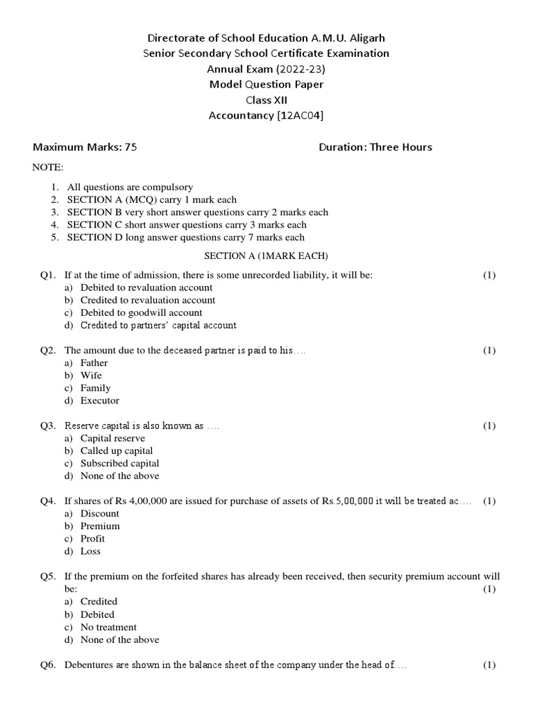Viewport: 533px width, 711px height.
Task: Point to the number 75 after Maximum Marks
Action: pyautogui.click(x=130, y=147)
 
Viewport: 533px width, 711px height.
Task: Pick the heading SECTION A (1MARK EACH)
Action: pyautogui.click(x=266, y=256)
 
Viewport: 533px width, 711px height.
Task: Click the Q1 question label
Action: pyautogui.click(x=47, y=275)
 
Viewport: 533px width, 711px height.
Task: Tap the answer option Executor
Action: pyautogui.click(x=100, y=401)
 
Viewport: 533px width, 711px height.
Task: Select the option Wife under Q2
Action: pyautogui.click(x=91, y=376)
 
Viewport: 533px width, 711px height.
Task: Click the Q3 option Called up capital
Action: pyautogui.click(x=117, y=451)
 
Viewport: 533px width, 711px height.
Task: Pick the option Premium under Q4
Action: pyautogui.click(x=100, y=526)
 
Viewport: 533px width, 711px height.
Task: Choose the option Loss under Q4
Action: pyautogui.click(x=90, y=551)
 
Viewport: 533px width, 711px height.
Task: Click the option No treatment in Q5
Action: pyautogui.click(x=108, y=627)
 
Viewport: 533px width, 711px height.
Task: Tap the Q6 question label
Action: pyautogui.click(x=47, y=664)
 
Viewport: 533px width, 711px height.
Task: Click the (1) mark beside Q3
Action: pyautogui.click(x=489, y=426)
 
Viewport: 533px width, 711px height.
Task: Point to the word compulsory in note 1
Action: pyautogui.click(x=165, y=187)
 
